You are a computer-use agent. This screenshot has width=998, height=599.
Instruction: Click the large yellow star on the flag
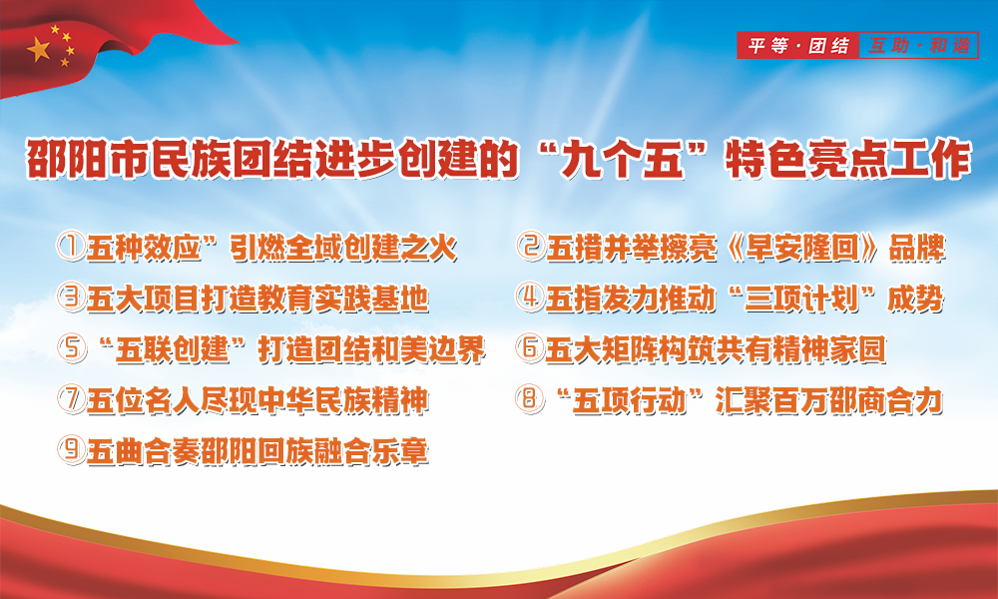(x=39, y=49)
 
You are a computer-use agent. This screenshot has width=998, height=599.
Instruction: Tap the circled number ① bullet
(x=71, y=247)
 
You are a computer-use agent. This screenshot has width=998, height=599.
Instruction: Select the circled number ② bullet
(x=530, y=247)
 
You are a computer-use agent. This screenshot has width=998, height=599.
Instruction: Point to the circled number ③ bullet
(x=71, y=298)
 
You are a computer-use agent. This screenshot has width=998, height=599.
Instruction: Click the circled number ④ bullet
(x=530, y=298)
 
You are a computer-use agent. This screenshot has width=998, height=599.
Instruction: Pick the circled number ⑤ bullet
(x=71, y=348)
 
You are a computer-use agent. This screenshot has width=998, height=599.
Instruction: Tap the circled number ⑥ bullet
(x=530, y=348)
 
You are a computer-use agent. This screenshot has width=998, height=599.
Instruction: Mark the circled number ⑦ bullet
(x=71, y=399)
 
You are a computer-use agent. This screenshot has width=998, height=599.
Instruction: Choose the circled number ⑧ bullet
(x=530, y=399)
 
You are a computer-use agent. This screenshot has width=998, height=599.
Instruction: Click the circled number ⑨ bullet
(x=71, y=450)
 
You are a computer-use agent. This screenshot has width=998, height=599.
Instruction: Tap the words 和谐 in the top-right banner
(x=950, y=46)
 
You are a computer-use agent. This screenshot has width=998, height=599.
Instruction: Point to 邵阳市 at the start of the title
(x=88, y=159)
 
